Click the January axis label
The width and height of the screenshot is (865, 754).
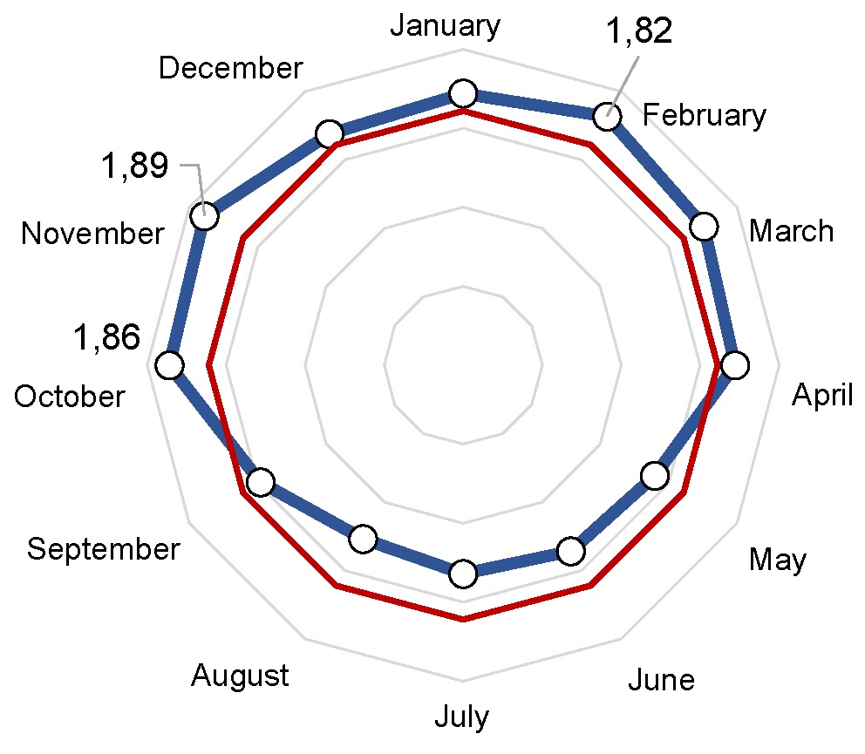point(445,26)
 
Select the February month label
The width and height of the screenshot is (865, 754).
point(705,115)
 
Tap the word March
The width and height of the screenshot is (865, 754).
point(792,231)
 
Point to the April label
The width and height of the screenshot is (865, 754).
point(822,396)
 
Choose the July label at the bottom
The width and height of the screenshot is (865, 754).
point(461,717)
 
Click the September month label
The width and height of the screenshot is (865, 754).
point(103,549)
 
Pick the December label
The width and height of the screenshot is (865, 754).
point(231,68)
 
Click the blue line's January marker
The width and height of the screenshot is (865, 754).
point(462,93)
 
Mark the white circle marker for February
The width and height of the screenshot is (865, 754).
point(606,116)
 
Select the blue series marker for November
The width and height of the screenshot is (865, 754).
point(204,216)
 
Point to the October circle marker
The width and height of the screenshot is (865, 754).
point(169,366)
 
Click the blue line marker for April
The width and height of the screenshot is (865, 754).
point(735,365)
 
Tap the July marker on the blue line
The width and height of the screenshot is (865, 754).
point(462,574)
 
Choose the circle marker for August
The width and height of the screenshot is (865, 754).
point(363,539)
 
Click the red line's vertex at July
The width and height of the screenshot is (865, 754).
point(463,621)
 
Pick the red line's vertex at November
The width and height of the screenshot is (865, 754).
point(245,238)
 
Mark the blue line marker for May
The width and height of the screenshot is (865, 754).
point(654,476)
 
